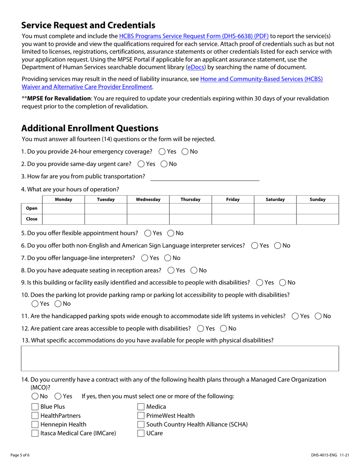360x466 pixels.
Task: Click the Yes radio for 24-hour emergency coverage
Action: click(x=162, y=152)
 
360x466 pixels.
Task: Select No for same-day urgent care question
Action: click(x=164, y=164)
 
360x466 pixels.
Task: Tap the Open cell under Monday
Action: click(x=63, y=208)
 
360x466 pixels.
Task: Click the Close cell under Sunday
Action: click(x=317, y=219)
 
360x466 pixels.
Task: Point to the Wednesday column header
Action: click(x=148, y=199)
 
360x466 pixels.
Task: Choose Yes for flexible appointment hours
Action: click(x=148, y=233)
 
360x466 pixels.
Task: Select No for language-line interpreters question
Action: click(x=168, y=258)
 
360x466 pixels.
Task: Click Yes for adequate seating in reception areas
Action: click(x=171, y=271)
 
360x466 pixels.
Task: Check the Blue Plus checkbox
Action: click(x=35, y=407)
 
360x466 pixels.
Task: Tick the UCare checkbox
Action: click(x=141, y=433)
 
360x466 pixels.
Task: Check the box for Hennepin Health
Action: click(x=35, y=425)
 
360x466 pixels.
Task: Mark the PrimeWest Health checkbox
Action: click(x=141, y=416)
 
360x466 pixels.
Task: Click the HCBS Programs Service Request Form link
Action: click(x=194, y=36)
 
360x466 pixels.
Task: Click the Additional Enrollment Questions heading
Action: click(x=90, y=128)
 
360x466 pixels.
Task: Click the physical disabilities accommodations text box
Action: click(x=180, y=358)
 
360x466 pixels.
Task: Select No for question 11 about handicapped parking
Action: click(x=318, y=316)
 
